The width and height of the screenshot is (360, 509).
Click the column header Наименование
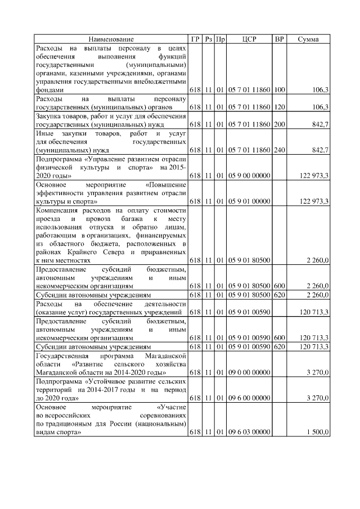point(111,39)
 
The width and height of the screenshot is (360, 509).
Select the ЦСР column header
point(249,39)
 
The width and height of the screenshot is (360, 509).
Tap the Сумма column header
point(308,39)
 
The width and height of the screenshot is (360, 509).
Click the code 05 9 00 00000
point(249,176)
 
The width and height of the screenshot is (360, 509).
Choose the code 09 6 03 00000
point(249,432)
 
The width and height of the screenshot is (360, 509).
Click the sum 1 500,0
point(317,432)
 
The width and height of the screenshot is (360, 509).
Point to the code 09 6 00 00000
point(249,398)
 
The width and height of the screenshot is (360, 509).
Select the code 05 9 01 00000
point(249,201)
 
